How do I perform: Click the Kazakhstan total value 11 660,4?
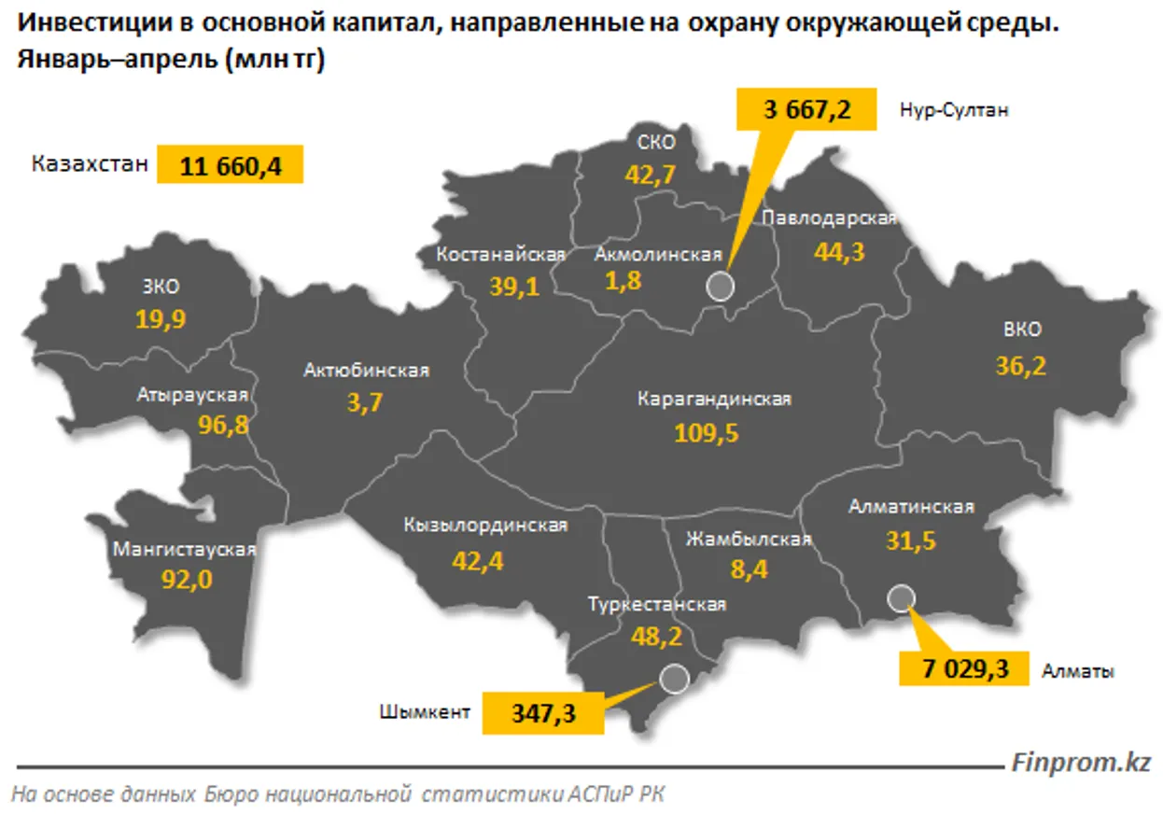[x=231, y=165]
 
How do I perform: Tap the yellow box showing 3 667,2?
[x=807, y=109]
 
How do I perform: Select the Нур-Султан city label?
[x=954, y=109]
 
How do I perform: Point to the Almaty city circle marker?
[x=901, y=597]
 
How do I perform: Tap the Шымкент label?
[x=425, y=713]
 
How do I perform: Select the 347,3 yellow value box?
[x=543, y=714]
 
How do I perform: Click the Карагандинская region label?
[x=714, y=400]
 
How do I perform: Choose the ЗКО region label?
[x=161, y=287]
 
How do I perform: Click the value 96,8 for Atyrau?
[x=223, y=425]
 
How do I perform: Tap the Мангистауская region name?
[x=184, y=549]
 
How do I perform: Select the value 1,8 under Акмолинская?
[x=623, y=283]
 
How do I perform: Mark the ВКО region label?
[x=1022, y=330]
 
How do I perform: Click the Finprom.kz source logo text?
[x=1081, y=762]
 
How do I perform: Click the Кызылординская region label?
[x=485, y=526]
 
